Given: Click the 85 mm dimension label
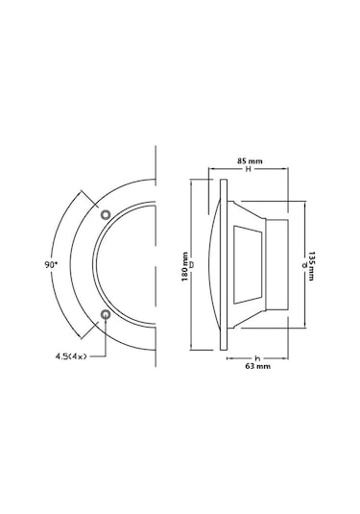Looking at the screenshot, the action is [250, 161].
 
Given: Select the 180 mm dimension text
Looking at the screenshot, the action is [184, 266].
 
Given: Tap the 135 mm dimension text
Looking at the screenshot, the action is [311, 266].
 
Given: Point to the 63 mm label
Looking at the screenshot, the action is [258, 366].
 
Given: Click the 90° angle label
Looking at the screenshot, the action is [51, 264].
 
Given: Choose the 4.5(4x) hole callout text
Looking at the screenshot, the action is [71, 356].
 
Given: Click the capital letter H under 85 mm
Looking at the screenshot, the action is [249, 169].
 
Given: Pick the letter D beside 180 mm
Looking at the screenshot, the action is [192, 264].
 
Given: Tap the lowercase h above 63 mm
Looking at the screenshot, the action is [257, 358].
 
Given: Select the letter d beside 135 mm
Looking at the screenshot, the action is [304, 264].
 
